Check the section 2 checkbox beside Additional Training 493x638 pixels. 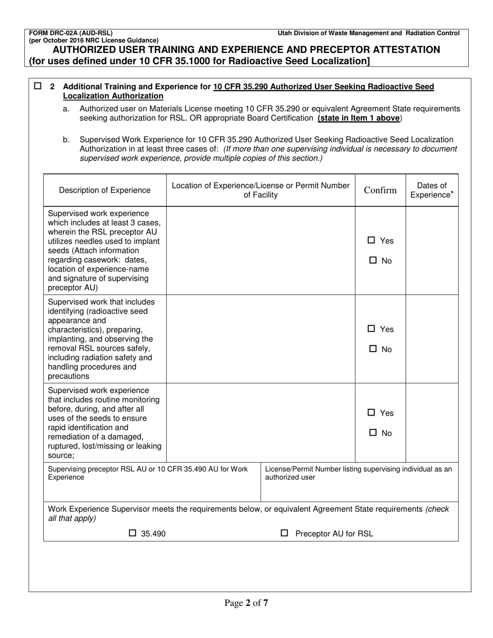tap(37, 87)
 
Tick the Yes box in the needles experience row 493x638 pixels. tap(372, 241)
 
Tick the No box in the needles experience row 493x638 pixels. tap(373, 261)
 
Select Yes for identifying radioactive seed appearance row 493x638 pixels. tap(372, 329)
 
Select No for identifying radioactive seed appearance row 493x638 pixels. tap(373, 349)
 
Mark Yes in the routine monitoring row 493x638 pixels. tap(372, 413)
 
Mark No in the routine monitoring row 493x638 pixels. tap(373, 433)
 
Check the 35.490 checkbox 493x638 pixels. tap(132, 533)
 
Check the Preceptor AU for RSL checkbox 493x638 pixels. tap(284, 533)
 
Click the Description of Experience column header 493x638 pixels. tap(105, 190)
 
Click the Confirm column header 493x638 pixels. tap(380, 190)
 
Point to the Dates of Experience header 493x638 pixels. tap(431, 190)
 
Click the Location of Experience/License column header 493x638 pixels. tap(261, 190)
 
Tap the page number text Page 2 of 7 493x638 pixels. tap(246, 603)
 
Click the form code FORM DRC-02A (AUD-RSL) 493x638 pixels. tap(71, 33)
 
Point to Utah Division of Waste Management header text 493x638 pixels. tap(368, 33)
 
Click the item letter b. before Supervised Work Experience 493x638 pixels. tap(66, 140)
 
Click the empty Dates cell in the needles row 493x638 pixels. tap(432, 251)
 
